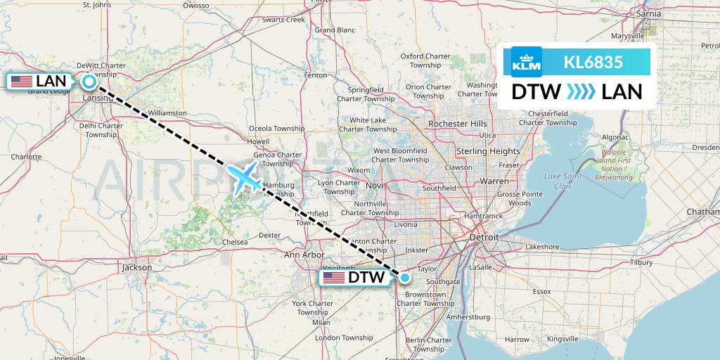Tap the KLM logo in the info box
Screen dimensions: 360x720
coord(527,62)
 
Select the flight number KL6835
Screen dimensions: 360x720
coord(593,62)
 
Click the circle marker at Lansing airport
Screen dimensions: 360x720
coord(89,82)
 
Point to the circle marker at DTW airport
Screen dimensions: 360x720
coord(404,277)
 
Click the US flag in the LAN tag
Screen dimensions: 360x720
coord(22,82)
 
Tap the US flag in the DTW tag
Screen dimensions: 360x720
coord(333,278)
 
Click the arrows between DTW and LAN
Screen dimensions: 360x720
coord(581,92)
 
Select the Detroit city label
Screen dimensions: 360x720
coord(484,238)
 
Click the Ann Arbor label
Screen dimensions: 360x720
coord(304,255)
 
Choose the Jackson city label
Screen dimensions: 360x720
coord(136,267)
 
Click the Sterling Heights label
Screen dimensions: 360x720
coord(488,151)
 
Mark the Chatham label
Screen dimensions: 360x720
coord(705,211)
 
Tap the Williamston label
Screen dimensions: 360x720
coord(167,112)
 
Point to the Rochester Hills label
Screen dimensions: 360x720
coord(457,124)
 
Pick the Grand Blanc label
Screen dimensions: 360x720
coord(335,30)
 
